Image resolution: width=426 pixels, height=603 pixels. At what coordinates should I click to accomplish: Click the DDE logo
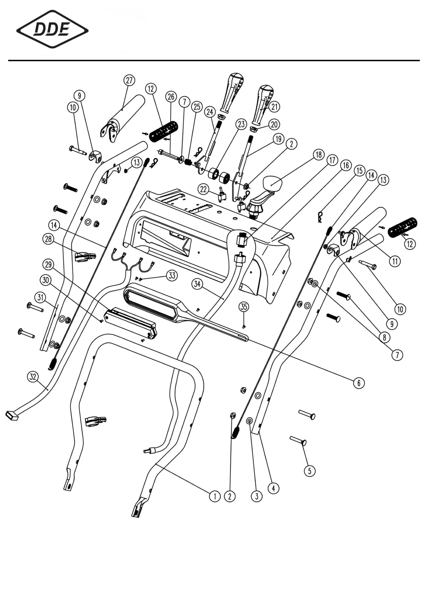(x=52, y=29)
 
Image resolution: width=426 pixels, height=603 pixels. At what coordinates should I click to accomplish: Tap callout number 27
(x=129, y=80)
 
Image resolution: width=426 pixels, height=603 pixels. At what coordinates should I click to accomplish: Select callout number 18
(x=319, y=155)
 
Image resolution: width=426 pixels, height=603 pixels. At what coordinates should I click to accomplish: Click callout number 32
(x=33, y=377)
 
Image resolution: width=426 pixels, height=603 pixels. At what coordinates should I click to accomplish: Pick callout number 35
(x=244, y=306)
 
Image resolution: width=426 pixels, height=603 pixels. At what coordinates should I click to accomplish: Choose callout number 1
(x=215, y=496)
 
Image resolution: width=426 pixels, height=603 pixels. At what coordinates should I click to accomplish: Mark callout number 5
(x=310, y=471)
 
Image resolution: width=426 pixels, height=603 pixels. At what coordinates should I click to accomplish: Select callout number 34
(x=197, y=284)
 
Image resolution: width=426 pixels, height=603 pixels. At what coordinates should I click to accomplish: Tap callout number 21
(x=274, y=107)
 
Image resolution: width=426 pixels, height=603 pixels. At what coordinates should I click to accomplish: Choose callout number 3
(x=257, y=496)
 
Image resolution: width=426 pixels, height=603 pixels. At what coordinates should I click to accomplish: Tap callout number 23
(x=241, y=124)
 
